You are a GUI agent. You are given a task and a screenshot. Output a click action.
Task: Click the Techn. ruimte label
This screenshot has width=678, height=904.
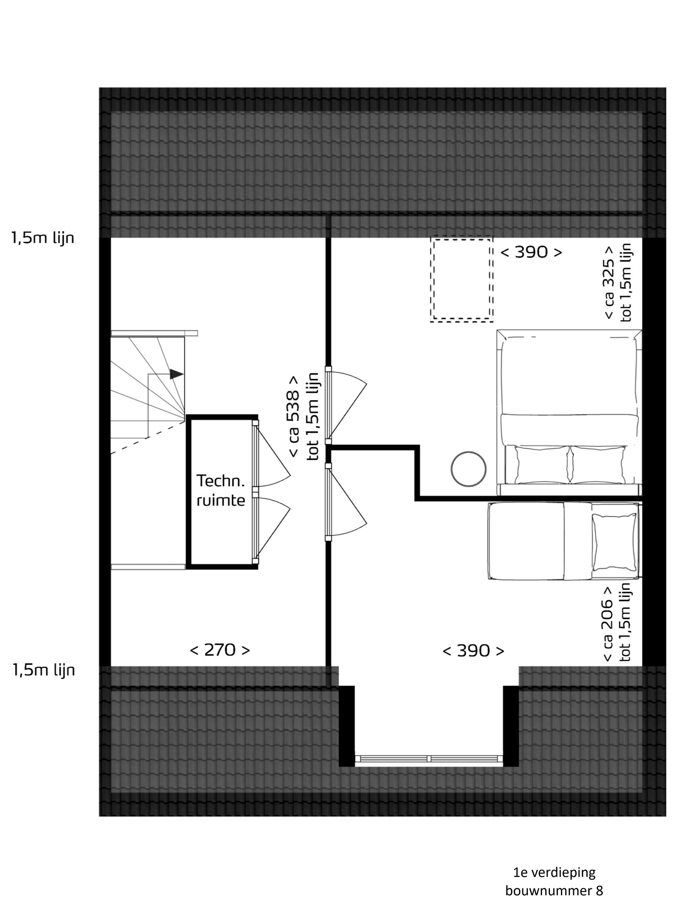click(221, 490)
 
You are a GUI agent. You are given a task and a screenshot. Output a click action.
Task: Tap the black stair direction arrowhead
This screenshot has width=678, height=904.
click(176, 374)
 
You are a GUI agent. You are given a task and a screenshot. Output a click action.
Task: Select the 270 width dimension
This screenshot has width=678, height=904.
click(220, 650)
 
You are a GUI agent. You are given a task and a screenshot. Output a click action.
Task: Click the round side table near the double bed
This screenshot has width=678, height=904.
click(468, 469)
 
